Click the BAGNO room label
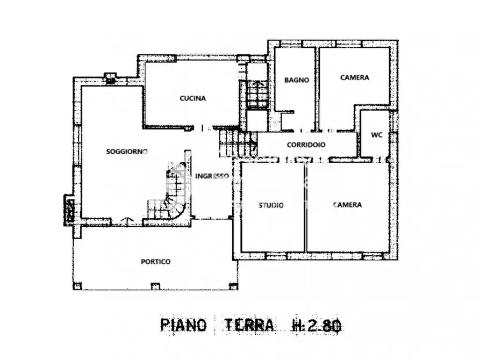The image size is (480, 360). pyautogui.click(x=297, y=80)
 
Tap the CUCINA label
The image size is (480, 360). pyautogui.click(x=192, y=98)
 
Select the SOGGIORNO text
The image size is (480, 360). pyautogui.click(x=127, y=152)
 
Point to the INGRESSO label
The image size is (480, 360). pyautogui.click(x=212, y=176)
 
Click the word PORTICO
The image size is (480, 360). pyautogui.click(x=156, y=262)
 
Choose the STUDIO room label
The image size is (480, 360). pyautogui.click(x=271, y=205)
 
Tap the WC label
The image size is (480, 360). pyautogui.click(x=377, y=135)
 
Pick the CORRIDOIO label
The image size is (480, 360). pyautogui.click(x=306, y=145)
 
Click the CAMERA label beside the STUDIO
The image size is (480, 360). pyautogui.click(x=347, y=205)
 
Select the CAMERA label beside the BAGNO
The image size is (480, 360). pyautogui.click(x=355, y=77)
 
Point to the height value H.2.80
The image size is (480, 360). pyautogui.click(x=317, y=325)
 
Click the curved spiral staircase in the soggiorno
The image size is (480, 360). pyautogui.click(x=175, y=193)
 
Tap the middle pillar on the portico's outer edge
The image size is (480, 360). pyautogui.click(x=155, y=286)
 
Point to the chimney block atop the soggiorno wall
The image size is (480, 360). pyautogui.click(x=111, y=77)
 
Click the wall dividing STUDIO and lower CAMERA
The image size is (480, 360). pyautogui.click(x=306, y=207)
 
